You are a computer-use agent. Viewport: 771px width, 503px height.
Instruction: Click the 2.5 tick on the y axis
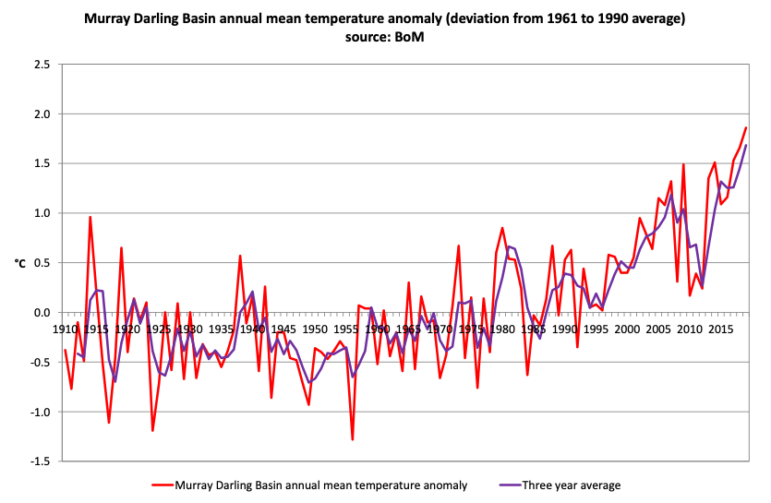click(42, 65)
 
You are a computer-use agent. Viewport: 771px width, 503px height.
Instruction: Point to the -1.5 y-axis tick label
click(40, 461)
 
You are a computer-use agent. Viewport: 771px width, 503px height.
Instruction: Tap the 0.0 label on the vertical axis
click(42, 313)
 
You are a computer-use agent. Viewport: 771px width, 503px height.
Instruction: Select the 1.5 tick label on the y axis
click(42, 163)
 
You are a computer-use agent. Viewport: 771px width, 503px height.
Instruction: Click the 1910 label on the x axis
click(65, 329)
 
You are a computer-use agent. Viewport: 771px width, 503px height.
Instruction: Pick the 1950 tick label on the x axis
click(315, 329)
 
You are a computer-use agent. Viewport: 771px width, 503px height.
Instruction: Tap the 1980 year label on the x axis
click(502, 329)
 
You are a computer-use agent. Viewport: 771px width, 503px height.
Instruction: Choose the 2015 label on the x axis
click(720, 329)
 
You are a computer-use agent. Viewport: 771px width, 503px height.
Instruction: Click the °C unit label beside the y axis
click(19, 263)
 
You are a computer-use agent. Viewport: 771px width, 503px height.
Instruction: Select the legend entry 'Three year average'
click(572, 485)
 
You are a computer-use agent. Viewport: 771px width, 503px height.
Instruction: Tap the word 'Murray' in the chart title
click(107, 18)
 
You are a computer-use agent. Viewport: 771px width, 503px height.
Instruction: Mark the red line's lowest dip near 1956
click(353, 439)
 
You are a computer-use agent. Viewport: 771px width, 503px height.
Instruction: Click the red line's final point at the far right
click(746, 127)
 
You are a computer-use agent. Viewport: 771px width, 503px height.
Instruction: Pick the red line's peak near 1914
click(90, 217)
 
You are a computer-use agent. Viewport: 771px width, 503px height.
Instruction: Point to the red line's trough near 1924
click(152, 430)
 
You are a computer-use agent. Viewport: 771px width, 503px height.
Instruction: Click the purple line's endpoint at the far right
click(746, 145)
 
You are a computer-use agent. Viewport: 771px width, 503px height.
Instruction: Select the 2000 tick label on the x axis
click(627, 329)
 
